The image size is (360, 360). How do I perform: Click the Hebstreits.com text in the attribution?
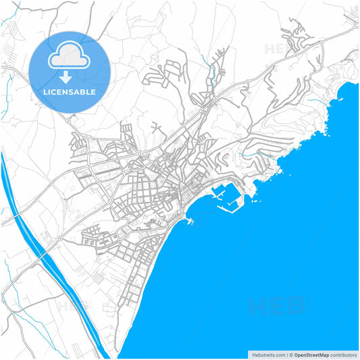[267, 355]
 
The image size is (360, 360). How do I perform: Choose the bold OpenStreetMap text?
[310, 355]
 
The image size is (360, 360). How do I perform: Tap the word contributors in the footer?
[344, 355]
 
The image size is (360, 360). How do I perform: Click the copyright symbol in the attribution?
[290, 355]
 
